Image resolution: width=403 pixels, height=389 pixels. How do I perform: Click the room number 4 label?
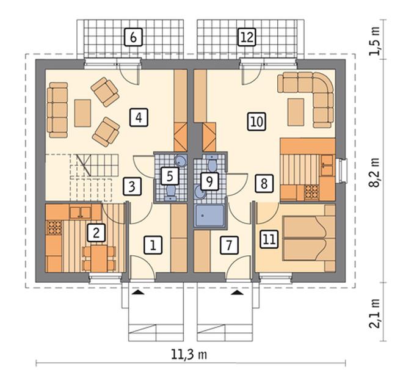139,118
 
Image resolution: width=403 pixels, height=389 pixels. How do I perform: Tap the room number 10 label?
256,121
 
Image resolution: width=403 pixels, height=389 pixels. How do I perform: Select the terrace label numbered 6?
133,37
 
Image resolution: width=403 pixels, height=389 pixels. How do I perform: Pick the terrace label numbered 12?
247,37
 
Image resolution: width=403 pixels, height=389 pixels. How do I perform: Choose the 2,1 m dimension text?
375,313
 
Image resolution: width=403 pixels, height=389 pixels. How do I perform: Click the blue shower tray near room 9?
209,216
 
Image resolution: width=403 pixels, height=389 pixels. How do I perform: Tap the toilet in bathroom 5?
170,193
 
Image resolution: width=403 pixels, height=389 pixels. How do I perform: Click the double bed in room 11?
309,238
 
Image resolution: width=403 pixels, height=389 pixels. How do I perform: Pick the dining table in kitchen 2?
99,259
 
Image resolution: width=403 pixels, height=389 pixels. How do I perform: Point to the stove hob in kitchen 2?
54,228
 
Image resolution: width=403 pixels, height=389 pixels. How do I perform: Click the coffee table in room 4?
82,113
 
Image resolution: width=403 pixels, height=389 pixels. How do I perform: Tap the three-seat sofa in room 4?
57,110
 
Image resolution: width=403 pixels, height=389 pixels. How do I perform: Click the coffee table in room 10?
296,112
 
